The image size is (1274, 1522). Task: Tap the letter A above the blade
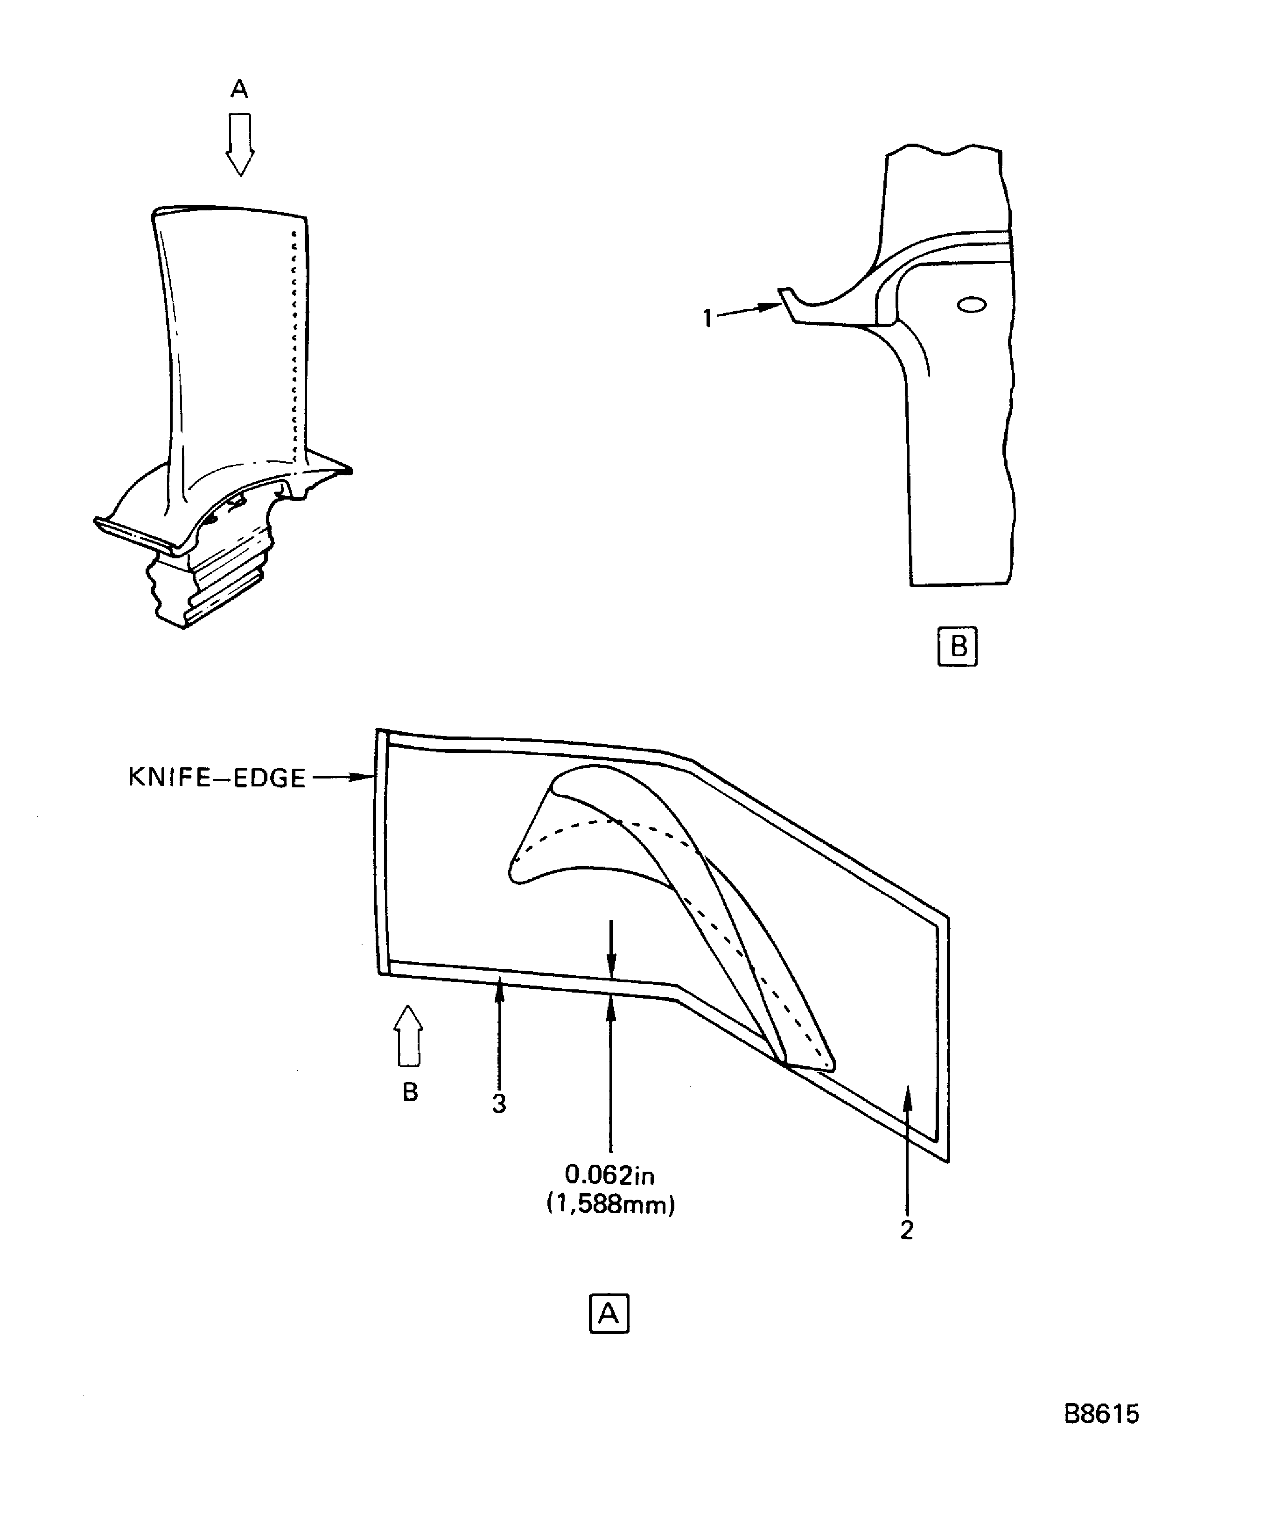tap(239, 89)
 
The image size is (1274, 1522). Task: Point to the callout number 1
tap(707, 318)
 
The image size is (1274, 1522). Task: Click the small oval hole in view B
tap(971, 305)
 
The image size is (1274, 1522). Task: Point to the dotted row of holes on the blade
tap(294, 348)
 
